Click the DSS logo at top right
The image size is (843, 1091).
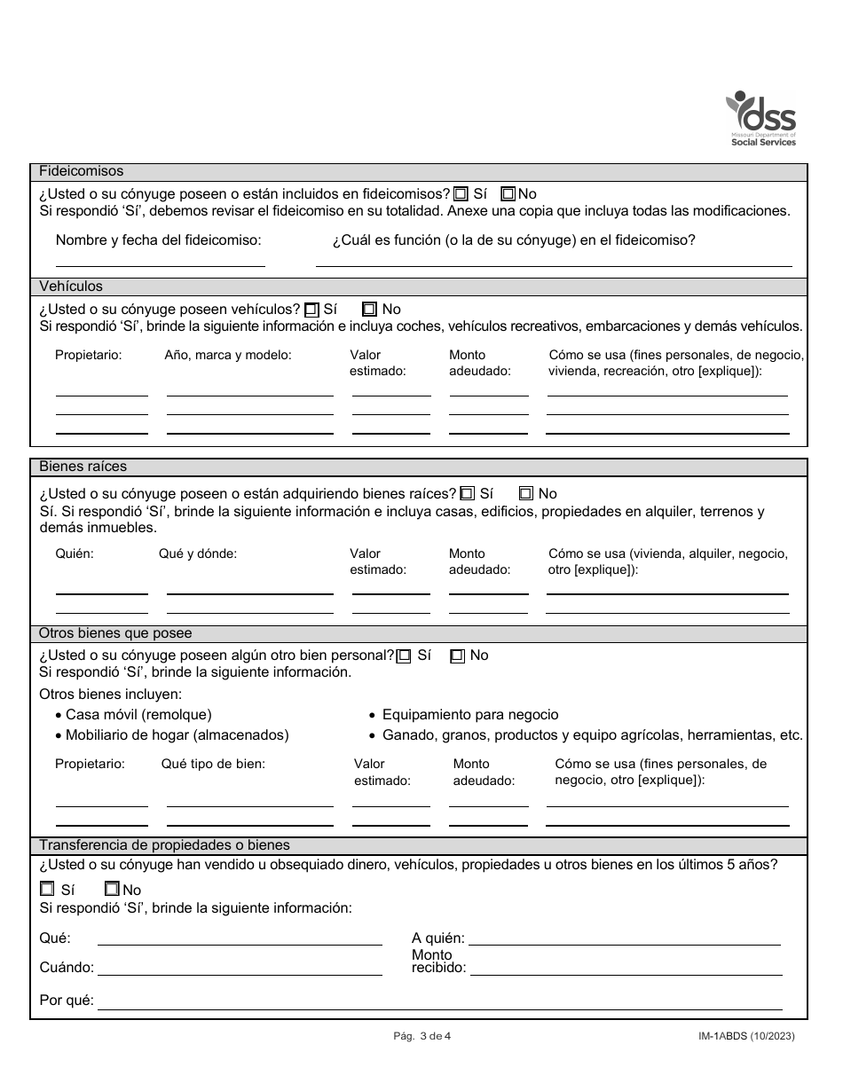761,119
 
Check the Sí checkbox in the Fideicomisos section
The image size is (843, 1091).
461,194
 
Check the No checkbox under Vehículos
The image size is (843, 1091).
370,310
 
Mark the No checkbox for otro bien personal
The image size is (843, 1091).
457,656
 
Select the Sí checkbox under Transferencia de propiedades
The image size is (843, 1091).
47,889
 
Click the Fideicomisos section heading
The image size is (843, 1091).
82,171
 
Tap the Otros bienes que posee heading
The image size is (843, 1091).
115,633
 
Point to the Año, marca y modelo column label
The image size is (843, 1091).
228,355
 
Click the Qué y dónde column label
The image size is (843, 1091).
198,553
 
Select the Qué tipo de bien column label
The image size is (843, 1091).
213,764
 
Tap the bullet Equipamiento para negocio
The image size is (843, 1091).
470,714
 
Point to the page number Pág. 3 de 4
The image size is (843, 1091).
421,1035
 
